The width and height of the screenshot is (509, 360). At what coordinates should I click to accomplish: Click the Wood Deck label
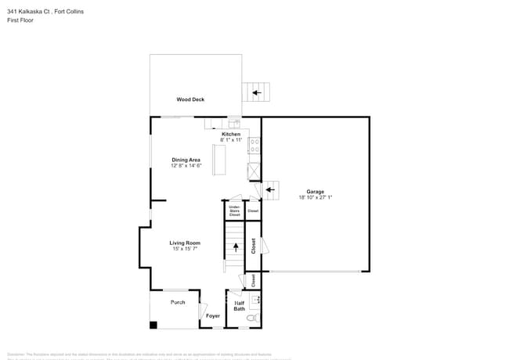coord(190,99)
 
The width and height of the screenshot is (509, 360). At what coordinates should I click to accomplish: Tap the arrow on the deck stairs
coord(256,93)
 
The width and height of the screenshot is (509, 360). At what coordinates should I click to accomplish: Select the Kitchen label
coord(231,134)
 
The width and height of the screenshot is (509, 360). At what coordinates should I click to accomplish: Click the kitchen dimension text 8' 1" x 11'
coord(231,140)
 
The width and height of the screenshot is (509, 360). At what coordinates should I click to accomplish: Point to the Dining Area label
coord(186,160)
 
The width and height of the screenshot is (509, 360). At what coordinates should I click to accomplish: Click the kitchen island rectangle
coord(219,160)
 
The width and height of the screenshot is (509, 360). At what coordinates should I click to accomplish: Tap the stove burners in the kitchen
coord(254,146)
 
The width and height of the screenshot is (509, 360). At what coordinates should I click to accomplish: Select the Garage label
coord(316,191)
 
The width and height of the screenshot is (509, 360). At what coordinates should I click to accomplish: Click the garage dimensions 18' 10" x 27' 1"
coord(316,197)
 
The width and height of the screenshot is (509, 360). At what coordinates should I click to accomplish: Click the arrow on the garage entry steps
coord(270,188)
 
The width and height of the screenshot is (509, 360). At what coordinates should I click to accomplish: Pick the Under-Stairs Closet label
coord(234,211)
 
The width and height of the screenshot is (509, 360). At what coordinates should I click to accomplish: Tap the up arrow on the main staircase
coord(234,247)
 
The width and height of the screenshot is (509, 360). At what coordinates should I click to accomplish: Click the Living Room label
coord(186,243)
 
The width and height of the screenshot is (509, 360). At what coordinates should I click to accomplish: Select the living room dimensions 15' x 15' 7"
coord(186,249)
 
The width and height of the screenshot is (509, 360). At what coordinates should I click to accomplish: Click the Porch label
coord(178,302)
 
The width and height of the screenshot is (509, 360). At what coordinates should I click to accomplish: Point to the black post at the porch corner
coord(153,325)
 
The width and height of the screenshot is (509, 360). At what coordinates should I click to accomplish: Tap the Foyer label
coord(213,315)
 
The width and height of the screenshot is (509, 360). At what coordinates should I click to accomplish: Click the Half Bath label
coord(239,305)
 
